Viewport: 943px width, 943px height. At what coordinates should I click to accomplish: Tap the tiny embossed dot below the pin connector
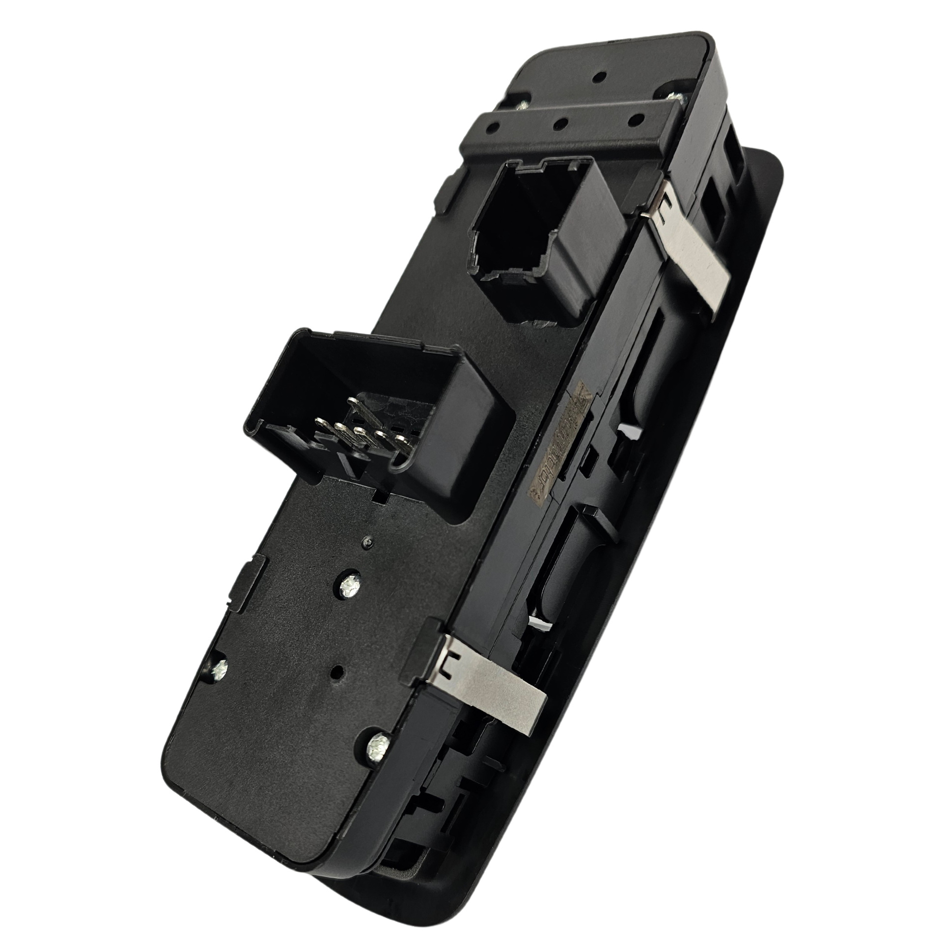coord(367,542)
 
